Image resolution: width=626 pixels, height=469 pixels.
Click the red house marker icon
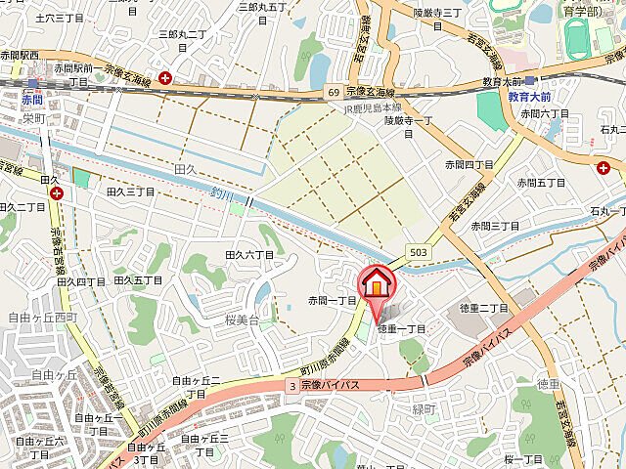point(376,283)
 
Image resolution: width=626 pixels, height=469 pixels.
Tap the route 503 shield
point(419,252)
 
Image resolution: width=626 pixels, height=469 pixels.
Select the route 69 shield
point(334,91)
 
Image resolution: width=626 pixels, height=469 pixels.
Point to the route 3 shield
point(291,386)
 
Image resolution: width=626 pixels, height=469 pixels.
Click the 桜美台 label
point(240,320)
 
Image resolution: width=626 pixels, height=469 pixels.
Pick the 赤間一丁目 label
point(333,300)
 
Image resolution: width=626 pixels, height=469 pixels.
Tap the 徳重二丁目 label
point(484,309)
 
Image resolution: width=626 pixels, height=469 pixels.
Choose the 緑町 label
point(423,408)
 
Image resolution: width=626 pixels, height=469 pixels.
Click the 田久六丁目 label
point(249,254)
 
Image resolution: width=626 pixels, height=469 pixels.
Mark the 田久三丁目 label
point(131,192)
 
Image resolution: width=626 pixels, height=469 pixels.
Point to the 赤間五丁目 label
point(541,182)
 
